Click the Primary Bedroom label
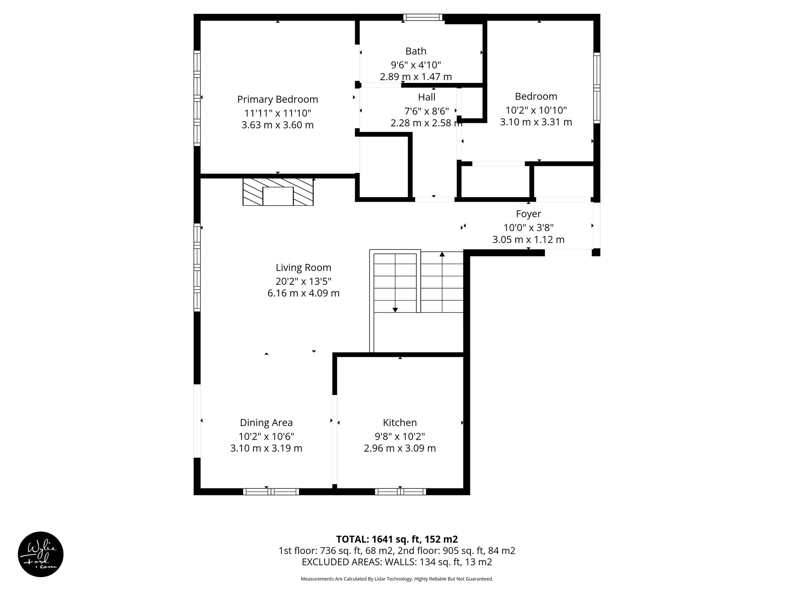[278, 100]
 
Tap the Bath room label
[416, 51]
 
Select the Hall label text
[426, 97]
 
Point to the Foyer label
[528, 214]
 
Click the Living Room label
[303, 268]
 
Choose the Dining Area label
[266, 423]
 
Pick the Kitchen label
[400, 423]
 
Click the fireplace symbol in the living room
[278, 192]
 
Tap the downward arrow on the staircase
[395, 309]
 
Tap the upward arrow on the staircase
[442, 255]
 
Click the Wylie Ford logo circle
[41, 554]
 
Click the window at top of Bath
[423, 17]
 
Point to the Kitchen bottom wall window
[400, 492]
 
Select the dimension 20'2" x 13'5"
[303, 281]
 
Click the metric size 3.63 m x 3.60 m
[278, 125]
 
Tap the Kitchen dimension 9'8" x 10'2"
[400, 436]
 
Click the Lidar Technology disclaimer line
[397, 579]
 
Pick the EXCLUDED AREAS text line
[397, 562]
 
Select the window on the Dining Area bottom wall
[271, 492]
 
